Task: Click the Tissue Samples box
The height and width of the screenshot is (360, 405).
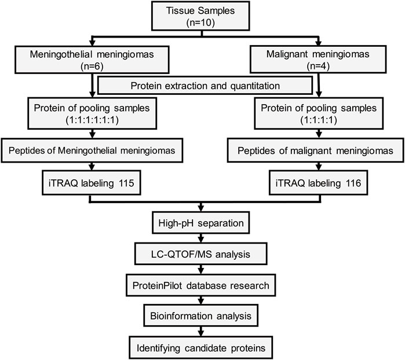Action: (x=200, y=16)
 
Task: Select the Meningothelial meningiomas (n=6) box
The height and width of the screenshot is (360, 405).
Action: (x=92, y=60)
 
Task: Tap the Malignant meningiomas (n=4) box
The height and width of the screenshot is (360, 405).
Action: (x=318, y=60)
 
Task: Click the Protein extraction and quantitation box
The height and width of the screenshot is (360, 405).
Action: (x=205, y=86)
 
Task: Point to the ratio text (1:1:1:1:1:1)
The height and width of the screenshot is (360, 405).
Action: (x=92, y=120)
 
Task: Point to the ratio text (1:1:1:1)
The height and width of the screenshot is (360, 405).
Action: (x=319, y=120)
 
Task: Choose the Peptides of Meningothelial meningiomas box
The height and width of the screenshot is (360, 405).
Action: (x=92, y=150)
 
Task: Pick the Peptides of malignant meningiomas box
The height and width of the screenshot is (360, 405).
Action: (x=315, y=150)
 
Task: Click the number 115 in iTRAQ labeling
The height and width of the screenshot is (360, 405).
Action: (x=126, y=183)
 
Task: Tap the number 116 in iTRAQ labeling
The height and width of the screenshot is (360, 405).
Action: (x=353, y=183)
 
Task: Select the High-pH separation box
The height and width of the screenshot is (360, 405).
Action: (x=200, y=223)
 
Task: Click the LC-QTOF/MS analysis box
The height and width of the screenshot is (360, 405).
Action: (x=200, y=254)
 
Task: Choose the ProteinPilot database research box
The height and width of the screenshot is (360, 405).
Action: (x=200, y=285)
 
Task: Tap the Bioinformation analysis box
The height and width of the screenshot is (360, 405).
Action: (x=200, y=315)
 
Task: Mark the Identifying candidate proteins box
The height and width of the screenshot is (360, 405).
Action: (x=201, y=348)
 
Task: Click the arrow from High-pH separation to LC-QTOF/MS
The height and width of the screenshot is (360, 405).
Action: (x=200, y=238)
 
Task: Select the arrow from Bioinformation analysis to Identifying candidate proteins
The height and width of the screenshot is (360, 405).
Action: (x=200, y=332)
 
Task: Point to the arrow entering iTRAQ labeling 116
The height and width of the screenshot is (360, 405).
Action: (x=319, y=167)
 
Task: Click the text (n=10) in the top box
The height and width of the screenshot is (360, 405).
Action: (x=200, y=23)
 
